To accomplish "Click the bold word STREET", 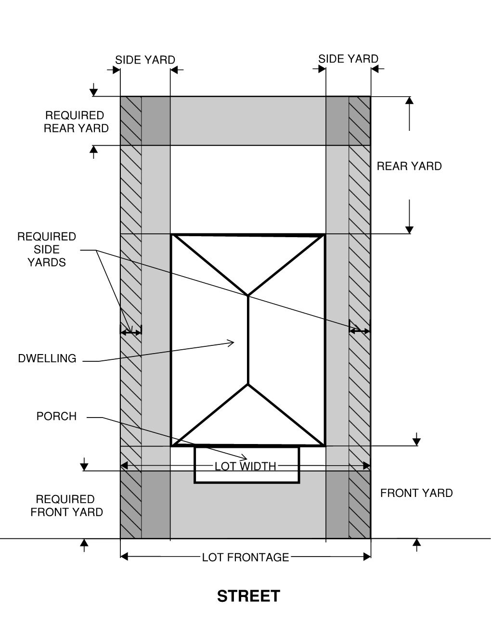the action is (248, 596).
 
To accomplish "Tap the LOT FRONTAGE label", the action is (245, 557).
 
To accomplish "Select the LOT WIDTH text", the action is (245, 466).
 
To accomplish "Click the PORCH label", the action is (56, 416).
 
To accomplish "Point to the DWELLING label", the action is (47, 358).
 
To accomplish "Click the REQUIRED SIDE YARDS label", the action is (47, 249).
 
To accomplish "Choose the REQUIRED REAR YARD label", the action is (76, 122).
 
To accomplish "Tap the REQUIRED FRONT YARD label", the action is (67, 506).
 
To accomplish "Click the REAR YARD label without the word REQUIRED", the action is (409, 166).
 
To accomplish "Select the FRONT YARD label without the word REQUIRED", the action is (416, 493).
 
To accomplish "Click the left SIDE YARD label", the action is (145, 60).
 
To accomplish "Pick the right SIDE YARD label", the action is (349, 59).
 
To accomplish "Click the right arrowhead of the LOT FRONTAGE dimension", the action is (367, 557).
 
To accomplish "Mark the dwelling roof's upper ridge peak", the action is (248, 296).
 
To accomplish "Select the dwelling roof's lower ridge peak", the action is (248, 384).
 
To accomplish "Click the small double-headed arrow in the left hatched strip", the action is (131, 332).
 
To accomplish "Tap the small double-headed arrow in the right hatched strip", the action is (360, 331).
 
